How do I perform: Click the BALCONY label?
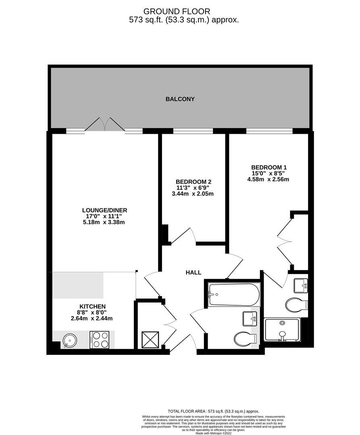coord(180,99)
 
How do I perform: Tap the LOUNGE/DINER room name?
coord(104,210)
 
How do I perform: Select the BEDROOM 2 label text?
coord(193,182)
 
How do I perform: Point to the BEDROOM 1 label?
coord(268,167)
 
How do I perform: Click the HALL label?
coord(194,273)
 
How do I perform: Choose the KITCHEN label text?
coord(92,307)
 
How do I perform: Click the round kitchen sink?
coord(69,340)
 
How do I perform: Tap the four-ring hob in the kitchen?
coord(99,340)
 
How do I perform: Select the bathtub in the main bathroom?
coord(234,294)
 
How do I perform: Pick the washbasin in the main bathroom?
coord(250,319)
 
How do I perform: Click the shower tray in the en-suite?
coord(282,329)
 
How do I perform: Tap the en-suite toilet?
coord(296,305)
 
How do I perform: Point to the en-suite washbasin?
coord(301,286)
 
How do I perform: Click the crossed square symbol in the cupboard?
coord(150,339)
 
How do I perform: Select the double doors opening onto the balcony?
coord(105,124)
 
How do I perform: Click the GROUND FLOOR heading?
coord(177,11)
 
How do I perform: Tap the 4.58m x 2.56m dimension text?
coord(268,180)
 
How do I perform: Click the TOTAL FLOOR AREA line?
coord(213,411)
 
